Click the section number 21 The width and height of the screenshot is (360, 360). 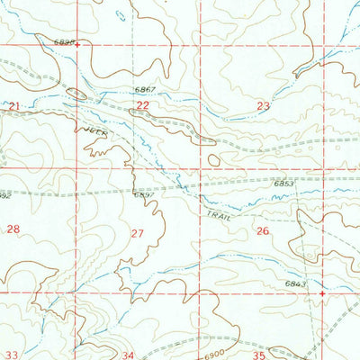point(13,106)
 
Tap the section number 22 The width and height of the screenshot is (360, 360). point(142,106)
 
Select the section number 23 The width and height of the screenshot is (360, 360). point(263,106)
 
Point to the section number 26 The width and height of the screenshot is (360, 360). point(263,231)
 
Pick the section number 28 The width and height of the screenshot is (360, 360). point(13,230)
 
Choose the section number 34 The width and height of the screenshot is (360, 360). point(129,355)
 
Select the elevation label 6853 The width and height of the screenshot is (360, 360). point(285,184)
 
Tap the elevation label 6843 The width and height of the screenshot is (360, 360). point(296,284)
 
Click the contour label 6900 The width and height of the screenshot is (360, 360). point(211,339)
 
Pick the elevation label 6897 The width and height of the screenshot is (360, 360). point(144,193)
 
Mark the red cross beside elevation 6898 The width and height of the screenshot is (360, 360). point(88,42)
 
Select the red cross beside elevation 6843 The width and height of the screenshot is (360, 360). point(322,292)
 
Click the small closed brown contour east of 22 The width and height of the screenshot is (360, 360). point(213,160)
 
